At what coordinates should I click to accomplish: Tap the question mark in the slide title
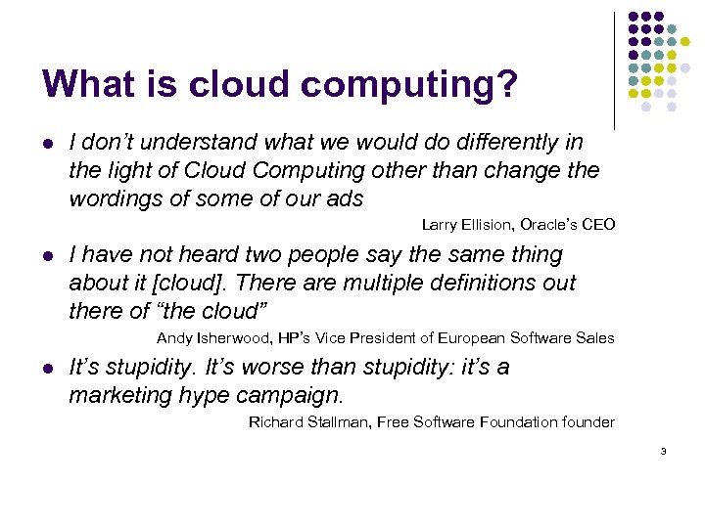point(506,84)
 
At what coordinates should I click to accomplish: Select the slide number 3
point(663,451)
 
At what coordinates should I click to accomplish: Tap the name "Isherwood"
point(228,338)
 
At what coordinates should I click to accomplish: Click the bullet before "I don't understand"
point(47,144)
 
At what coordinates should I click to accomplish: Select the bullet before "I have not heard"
point(47,256)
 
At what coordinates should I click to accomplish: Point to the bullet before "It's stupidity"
point(47,369)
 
